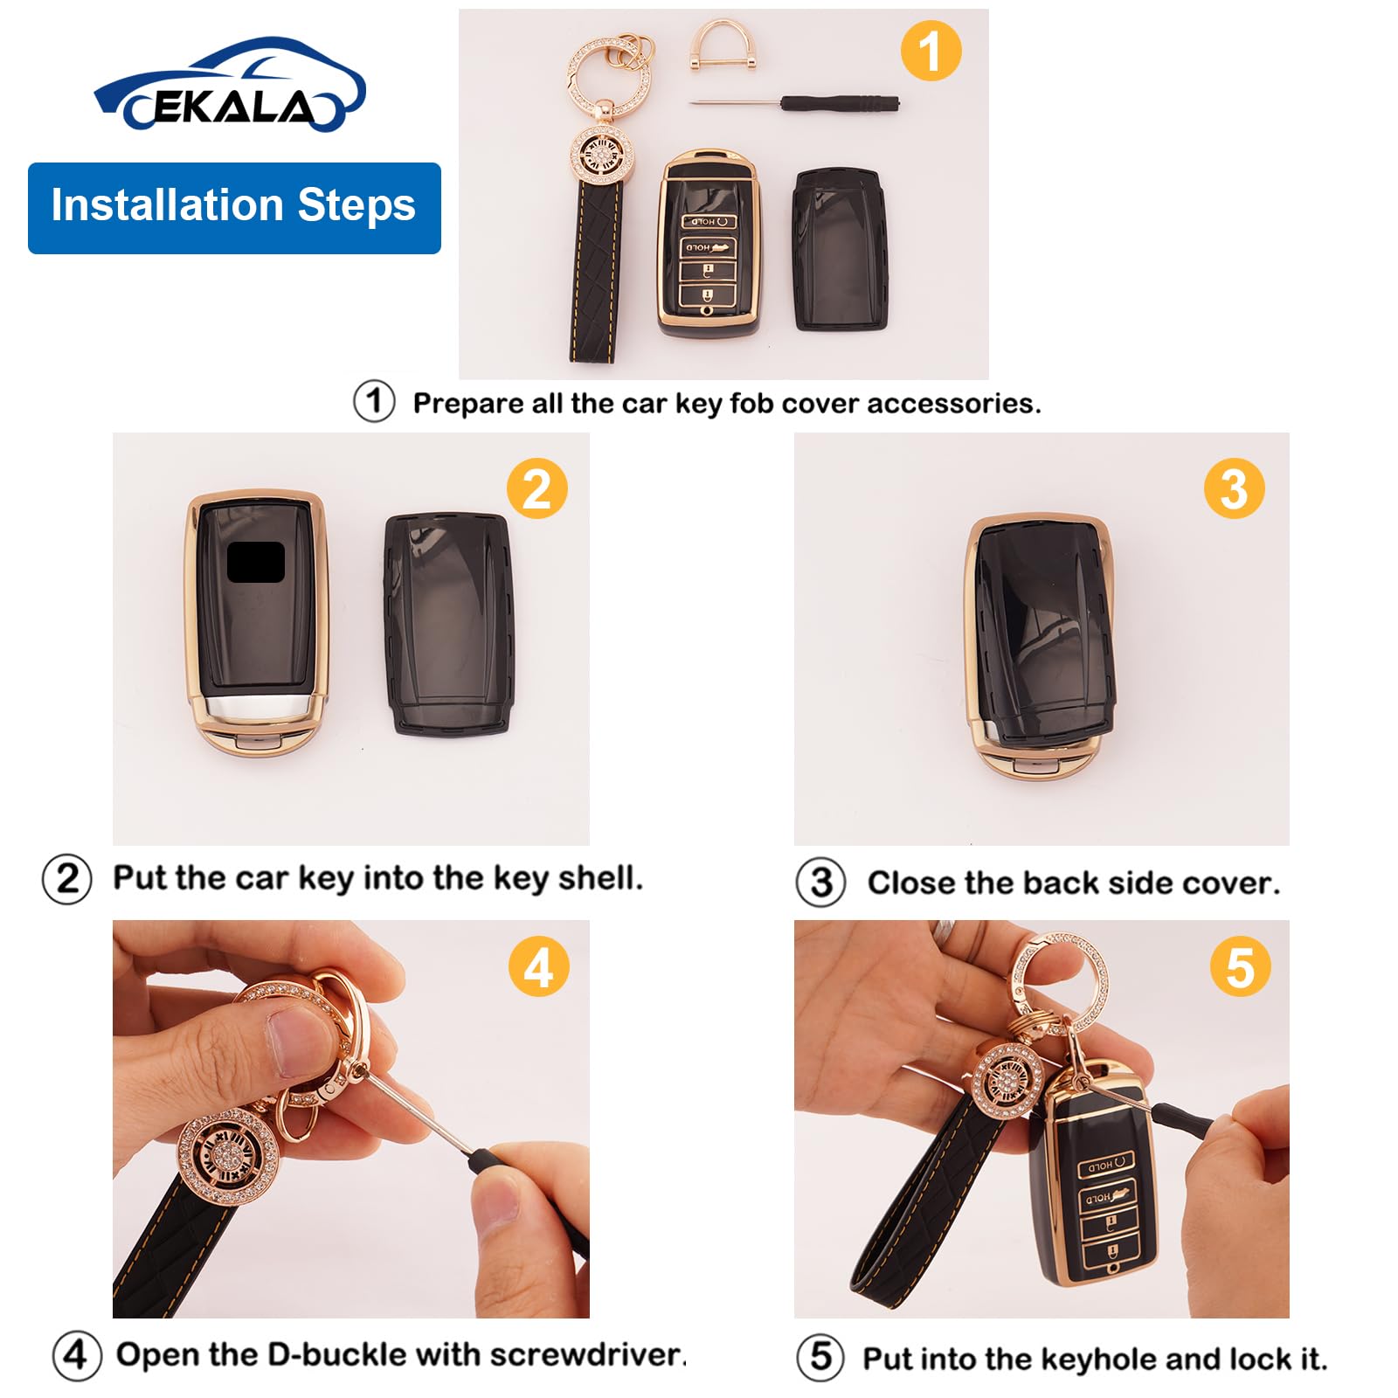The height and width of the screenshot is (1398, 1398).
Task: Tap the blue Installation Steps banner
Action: [234, 208]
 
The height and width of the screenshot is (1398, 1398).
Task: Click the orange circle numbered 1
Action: [931, 51]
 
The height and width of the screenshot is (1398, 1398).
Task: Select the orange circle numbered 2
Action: [537, 488]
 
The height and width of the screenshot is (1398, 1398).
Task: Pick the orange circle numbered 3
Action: [1234, 488]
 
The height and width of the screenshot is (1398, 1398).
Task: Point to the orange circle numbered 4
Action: [538, 967]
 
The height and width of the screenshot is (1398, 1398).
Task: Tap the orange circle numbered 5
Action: [1240, 967]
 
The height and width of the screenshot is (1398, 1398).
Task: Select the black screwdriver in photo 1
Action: [813, 103]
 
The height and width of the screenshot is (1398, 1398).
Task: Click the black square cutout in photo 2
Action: [255, 562]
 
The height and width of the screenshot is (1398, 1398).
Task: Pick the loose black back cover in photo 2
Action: [447, 625]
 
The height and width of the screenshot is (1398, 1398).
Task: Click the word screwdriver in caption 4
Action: [585, 1354]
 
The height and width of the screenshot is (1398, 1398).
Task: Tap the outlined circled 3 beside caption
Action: [820, 882]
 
